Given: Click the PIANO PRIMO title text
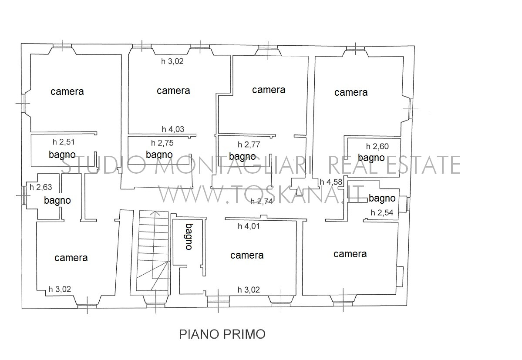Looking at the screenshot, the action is click(x=222, y=334).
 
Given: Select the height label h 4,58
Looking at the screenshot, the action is click(x=331, y=182).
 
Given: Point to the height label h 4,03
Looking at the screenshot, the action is click(x=173, y=129).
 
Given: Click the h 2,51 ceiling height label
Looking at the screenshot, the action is click(x=64, y=142).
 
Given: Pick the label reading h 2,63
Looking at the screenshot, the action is click(x=41, y=187).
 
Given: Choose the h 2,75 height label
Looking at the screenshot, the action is click(x=162, y=143).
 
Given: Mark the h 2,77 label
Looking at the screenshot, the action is click(x=249, y=145).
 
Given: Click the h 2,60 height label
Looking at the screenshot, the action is click(x=377, y=146).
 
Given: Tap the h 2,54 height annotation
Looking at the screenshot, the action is click(x=382, y=212).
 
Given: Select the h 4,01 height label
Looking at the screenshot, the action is click(x=248, y=226).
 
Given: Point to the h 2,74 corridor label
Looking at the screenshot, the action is click(x=261, y=201).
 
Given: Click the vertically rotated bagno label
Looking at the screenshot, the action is click(x=189, y=236).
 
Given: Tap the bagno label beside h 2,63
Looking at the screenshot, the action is click(x=57, y=201).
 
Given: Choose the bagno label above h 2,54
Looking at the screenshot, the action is click(x=382, y=199).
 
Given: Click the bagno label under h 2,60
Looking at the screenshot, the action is click(x=371, y=158).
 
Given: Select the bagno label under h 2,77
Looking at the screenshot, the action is click(x=242, y=157).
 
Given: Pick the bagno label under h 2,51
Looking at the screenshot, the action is click(x=62, y=155).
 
